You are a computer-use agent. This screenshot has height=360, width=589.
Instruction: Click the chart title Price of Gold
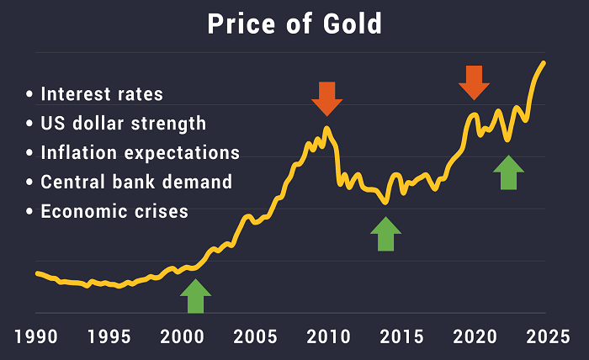point(294,24)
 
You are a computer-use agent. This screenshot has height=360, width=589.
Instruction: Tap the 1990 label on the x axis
point(36,337)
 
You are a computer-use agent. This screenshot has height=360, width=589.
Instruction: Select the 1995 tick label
point(109,337)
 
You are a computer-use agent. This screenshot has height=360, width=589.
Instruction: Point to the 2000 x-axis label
point(181,337)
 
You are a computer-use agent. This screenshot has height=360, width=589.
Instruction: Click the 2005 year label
point(254,337)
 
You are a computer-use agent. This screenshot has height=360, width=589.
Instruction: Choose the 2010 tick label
point(326,337)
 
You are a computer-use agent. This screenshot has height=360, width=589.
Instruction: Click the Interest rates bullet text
point(101,93)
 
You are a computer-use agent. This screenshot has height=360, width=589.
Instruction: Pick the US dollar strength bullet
point(123,124)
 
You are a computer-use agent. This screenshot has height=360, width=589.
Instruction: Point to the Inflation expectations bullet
point(140,153)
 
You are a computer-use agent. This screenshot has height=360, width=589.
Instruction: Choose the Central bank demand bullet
point(135,182)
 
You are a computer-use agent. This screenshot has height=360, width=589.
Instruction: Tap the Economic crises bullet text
point(114,211)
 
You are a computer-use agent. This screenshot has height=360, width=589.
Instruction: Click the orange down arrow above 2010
point(326,98)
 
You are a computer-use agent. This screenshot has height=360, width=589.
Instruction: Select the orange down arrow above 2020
point(474,81)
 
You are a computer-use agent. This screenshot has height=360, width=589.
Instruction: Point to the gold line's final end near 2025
point(544,62)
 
